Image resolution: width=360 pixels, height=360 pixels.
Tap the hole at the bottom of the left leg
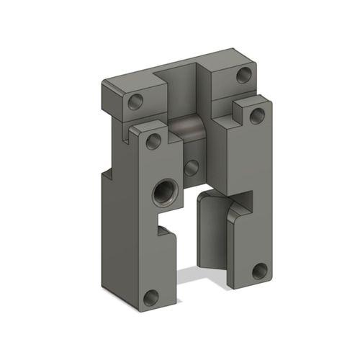click(150, 297)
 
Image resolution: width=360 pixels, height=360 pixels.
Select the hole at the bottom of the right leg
click(259, 271)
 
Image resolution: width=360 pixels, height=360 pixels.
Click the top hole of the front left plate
click(153, 141)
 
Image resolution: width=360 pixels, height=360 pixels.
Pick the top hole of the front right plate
click(256, 116)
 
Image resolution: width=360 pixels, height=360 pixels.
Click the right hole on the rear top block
click(244, 75)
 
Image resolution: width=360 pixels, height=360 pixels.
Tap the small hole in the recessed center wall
click(192, 168)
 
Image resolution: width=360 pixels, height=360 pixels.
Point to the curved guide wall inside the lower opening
click(212, 230)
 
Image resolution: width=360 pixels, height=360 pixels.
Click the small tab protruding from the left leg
click(166, 232)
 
